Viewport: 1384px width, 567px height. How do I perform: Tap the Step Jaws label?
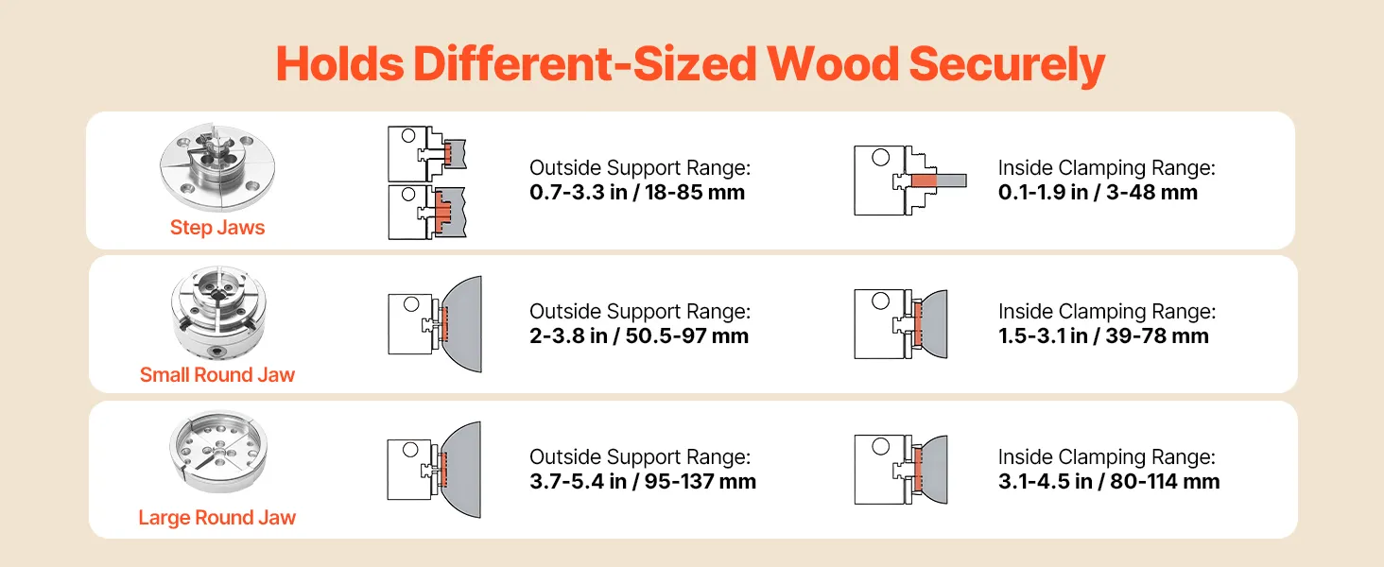(x=217, y=228)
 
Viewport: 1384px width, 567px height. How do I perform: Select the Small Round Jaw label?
(x=217, y=375)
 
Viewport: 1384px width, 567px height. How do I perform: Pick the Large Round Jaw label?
(x=217, y=518)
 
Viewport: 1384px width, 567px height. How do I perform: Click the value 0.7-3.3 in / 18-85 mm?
(x=637, y=193)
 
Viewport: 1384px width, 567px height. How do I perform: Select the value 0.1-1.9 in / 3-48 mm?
(x=1098, y=193)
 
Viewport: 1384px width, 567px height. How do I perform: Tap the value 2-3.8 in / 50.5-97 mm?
(x=639, y=336)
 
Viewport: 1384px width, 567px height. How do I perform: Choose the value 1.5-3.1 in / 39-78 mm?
(x=1103, y=336)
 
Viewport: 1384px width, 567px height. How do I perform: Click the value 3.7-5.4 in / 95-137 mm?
(x=643, y=482)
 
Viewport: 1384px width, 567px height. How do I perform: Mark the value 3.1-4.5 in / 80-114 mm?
(x=1109, y=482)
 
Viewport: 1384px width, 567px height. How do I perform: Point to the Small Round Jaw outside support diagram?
(x=435, y=324)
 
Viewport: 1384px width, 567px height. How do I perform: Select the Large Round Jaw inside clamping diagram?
(x=901, y=469)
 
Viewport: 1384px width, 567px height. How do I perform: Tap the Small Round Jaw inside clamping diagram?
(x=901, y=324)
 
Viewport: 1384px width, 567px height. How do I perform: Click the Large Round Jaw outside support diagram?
(x=435, y=469)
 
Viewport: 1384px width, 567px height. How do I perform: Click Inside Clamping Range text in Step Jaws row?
(x=1106, y=168)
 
